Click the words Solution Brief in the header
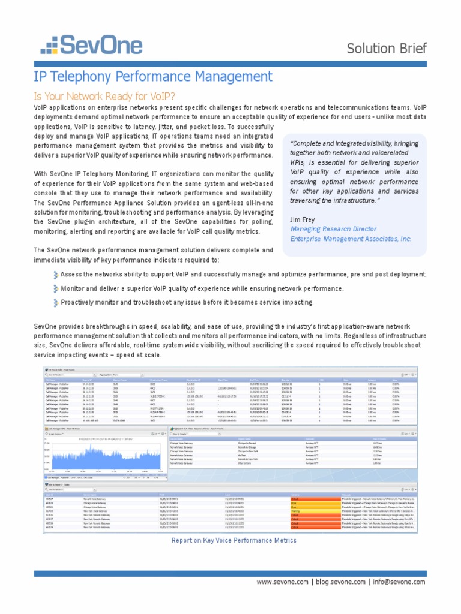(386, 48)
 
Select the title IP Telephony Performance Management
(153, 77)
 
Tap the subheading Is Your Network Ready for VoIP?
(104, 96)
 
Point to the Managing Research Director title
(333, 229)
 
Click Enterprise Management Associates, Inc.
(351, 239)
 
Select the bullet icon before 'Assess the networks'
(55, 275)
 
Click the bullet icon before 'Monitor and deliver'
(55, 288)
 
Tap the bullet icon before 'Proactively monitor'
(55, 302)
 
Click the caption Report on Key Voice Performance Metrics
(234, 540)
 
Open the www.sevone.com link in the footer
(282, 582)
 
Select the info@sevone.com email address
(398, 582)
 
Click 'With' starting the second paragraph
(41, 174)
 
